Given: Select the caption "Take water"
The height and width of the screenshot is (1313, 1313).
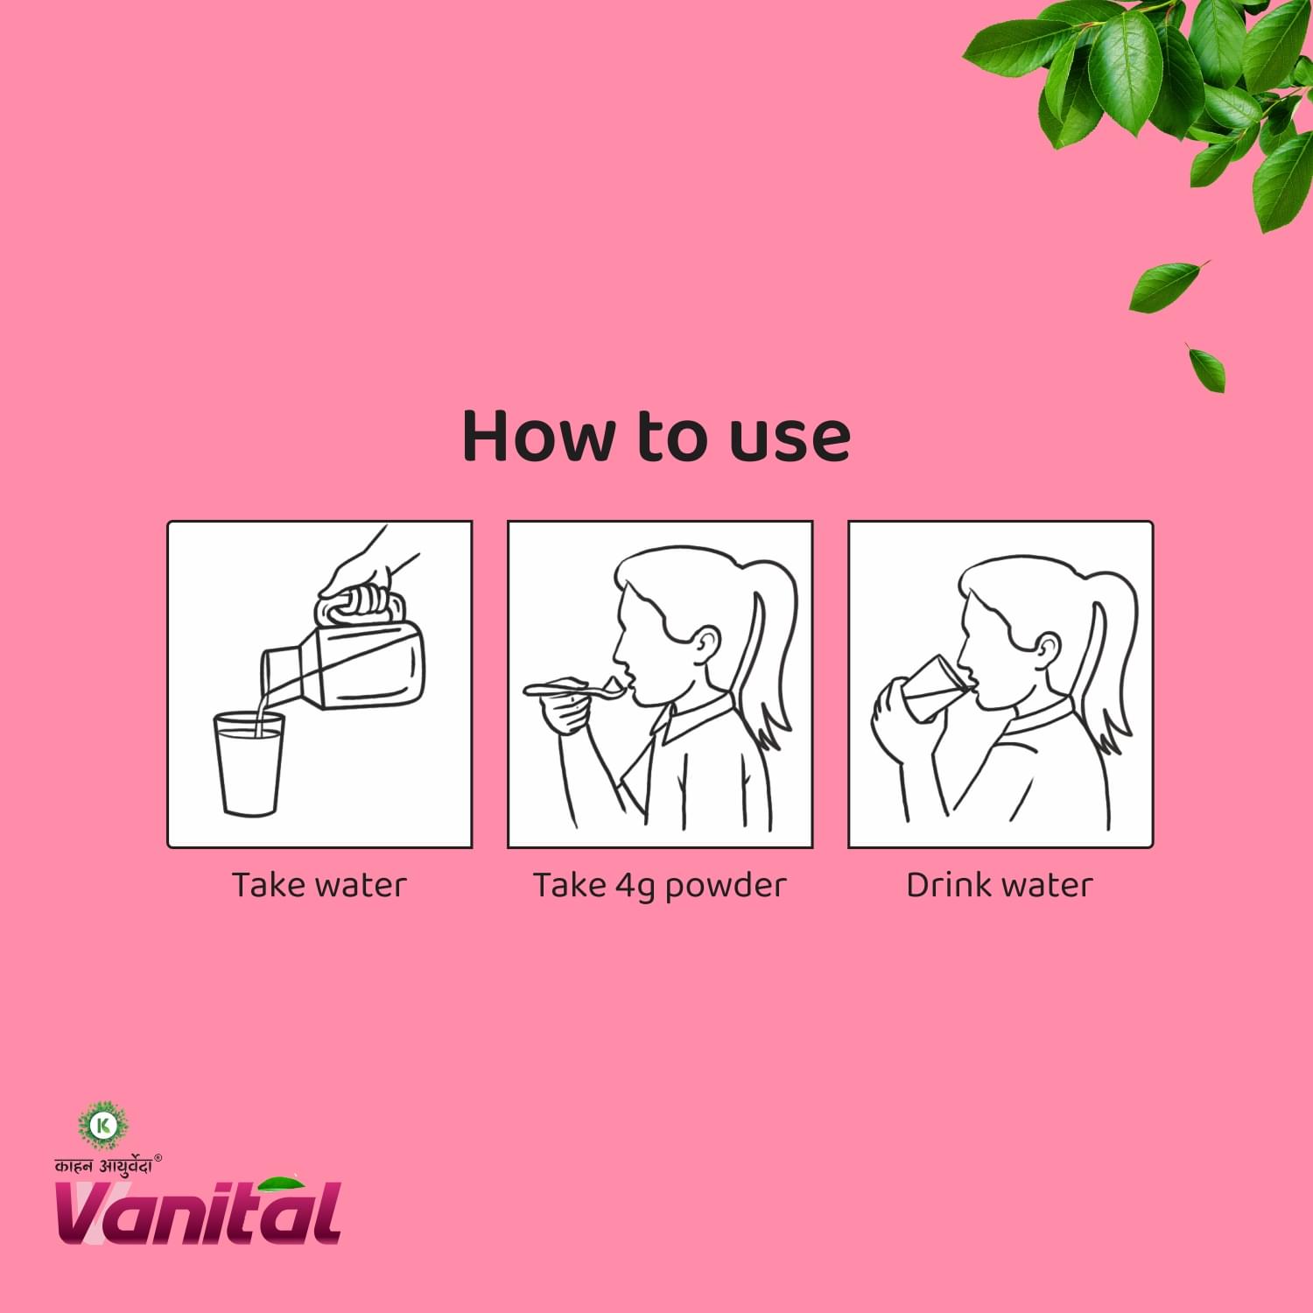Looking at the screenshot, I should pyautogui.click(x=319, y=885).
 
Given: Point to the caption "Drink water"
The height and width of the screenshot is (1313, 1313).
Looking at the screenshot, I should pyautogui.click(x=1000, y=885).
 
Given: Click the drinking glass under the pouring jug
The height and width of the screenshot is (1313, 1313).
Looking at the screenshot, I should pyautogui.click(x=249, y=764).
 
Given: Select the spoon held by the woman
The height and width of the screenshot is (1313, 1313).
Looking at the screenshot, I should pyautogui.click(x=578, y=691).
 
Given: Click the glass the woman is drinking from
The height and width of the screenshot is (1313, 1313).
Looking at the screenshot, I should pyautogui.click(x=933, y=688).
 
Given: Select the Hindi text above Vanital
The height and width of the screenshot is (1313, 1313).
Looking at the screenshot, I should pyautogui.click(x=103, y=1165).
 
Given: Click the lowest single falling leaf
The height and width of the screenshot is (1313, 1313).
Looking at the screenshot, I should pyautogui.click(x=1207, y=368).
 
